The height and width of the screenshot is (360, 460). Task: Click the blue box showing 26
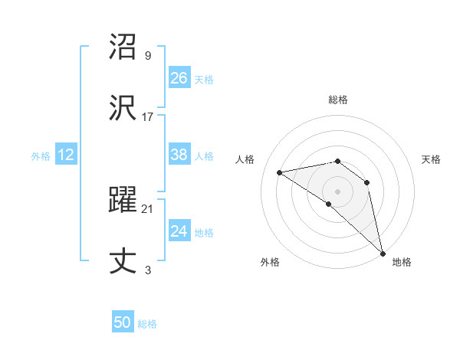pos(179,78)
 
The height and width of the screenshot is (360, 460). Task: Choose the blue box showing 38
pos(179,155)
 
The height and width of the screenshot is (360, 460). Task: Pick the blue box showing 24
pos(179,231)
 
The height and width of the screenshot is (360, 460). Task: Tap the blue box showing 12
pos(65,155)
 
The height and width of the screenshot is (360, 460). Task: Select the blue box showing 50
pos(122,322)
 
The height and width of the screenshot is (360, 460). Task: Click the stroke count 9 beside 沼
pos(148,56)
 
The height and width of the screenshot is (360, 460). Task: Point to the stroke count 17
pos(148,117)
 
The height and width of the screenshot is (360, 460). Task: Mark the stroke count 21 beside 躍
pos(148,208)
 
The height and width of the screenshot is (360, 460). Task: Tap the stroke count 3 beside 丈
pos(148,270)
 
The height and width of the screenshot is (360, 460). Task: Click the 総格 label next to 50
pos(147,324)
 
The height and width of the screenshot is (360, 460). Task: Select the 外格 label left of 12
pos(41,156)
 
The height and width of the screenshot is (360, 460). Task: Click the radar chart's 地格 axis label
pos(402,262)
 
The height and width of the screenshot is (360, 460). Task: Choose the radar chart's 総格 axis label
pos(338,100)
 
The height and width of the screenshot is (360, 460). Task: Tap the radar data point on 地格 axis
pos(383,253)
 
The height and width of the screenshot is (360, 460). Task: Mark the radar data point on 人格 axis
pos(280,172)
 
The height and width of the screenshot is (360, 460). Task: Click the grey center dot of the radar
pos(338,191)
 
